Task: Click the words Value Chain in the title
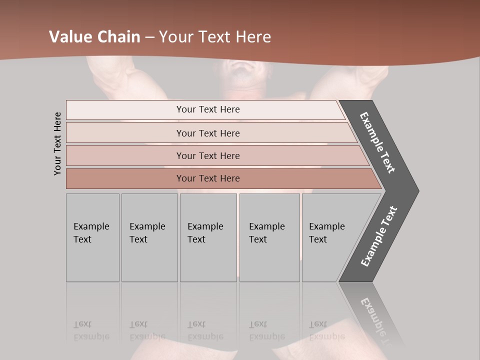pyautogui.click(x=94, y=36)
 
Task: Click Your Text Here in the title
pyautogui.click(x=215, y=36)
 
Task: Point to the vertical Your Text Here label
pyautogui.click(x=58, y=143)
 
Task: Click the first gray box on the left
pyautogui.click(x=92, y=237)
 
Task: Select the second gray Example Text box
pyautogui.click(x=149, y=237)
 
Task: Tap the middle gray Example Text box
pyautogui.click(x=208, y=237)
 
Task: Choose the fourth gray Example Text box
pyautogui.click(x=269, y=237)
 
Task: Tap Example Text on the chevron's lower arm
pyautogui.click(x=379, y=236)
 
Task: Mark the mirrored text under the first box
pyautogui.click(x=91, y=330)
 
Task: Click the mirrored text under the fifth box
pyautogui.click(x=327, y=330)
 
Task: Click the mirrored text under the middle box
pyautogui.click(x=205, y=330)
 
